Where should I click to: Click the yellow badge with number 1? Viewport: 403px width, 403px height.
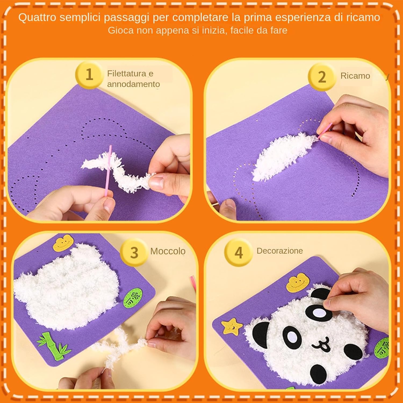[x=89, y=75]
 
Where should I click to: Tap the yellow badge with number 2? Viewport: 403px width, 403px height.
[x=322, y=77]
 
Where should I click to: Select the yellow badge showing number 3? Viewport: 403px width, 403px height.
[x=134, y=253]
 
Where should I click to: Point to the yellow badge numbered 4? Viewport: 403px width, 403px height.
[x=239, y=253]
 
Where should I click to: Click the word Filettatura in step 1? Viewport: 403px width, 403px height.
[x=127, y=73]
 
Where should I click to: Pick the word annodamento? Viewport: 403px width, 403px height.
[x=134, y=84]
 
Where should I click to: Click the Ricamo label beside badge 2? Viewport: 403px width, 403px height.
[x=355, y=76]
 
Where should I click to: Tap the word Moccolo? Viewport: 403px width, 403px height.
[x=168, y=251]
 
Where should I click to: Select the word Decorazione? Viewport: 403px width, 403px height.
[x=280, y=251]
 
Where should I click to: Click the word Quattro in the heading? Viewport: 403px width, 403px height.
[x=37, y=18]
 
